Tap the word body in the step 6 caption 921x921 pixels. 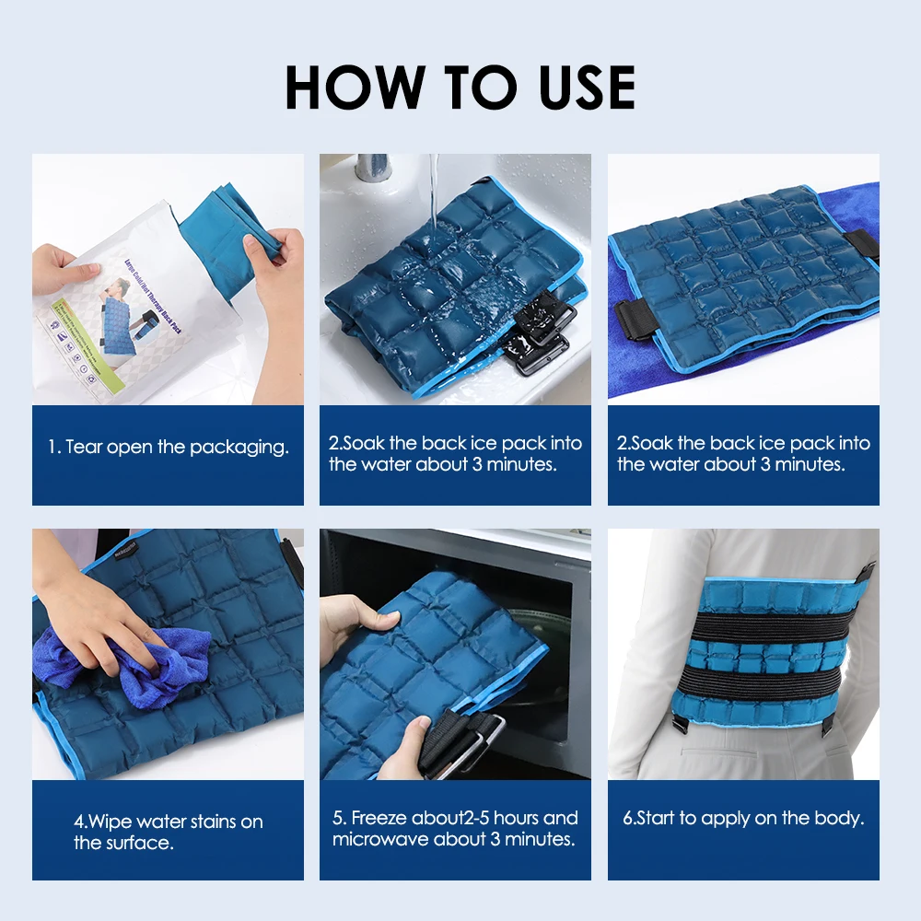coord(842,818)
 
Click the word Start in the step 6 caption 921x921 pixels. coord(656,818)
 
